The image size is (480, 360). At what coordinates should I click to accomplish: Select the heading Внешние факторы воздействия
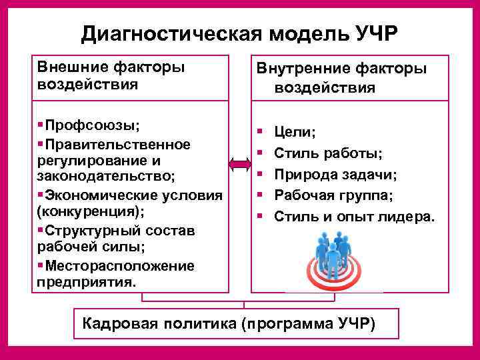[x=111, y=75]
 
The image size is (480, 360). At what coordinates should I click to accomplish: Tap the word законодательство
[x=106, y=176]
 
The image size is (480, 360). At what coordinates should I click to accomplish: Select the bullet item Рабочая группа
[x=334, y=195]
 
